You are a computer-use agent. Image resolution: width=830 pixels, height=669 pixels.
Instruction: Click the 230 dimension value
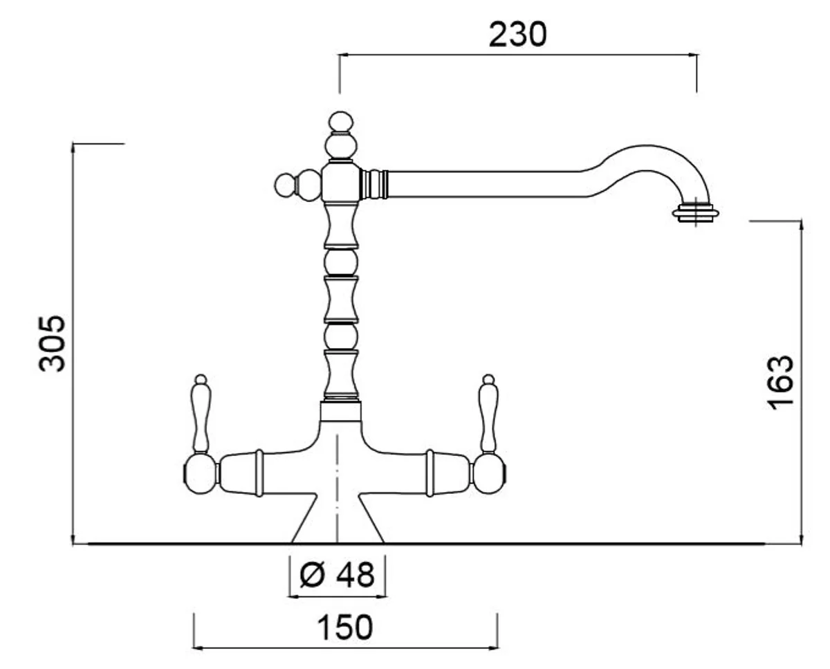tap(517, 34)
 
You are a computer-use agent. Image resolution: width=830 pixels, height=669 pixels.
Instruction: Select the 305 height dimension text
tap(53, 343)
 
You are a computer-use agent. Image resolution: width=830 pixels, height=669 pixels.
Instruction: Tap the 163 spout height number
tap(780, 382)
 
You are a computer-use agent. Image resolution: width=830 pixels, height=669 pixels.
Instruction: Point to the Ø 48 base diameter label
tap(338, 574)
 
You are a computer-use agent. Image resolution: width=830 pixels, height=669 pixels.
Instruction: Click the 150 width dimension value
tap(344, 627)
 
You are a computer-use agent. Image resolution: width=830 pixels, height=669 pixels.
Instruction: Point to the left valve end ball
tap(199, 473)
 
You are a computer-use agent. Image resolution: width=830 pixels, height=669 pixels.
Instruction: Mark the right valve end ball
tap(490, 473)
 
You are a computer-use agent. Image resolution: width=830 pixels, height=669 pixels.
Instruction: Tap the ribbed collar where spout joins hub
tap(375, 185)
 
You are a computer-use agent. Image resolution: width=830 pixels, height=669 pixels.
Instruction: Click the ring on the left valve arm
tap(259, 473)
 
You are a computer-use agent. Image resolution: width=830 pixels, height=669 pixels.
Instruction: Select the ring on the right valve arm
tap(430, 473)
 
